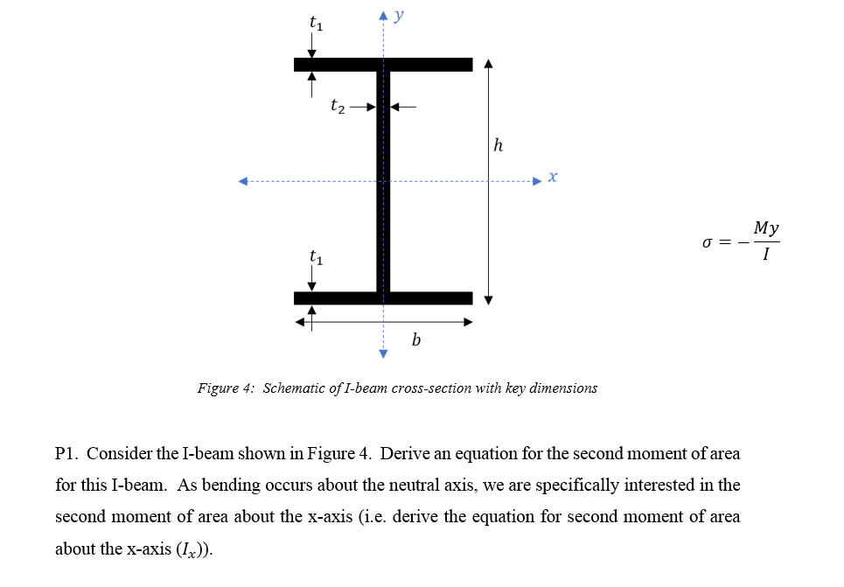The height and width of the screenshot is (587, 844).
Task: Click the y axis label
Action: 399,17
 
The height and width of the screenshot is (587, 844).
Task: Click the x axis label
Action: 553,178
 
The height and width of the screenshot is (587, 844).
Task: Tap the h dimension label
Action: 498,146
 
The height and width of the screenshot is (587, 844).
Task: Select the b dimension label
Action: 415,339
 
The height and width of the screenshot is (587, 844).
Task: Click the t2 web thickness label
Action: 338,107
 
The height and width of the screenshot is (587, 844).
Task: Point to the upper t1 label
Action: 316,24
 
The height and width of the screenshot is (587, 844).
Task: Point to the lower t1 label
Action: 316,257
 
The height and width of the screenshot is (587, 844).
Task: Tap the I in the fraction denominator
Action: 766,255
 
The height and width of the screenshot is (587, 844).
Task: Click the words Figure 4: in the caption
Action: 226,388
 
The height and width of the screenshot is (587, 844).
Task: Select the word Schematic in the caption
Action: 296,388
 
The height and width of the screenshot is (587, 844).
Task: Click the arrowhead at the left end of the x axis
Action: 244,182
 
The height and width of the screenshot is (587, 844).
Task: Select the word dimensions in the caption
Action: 566,388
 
